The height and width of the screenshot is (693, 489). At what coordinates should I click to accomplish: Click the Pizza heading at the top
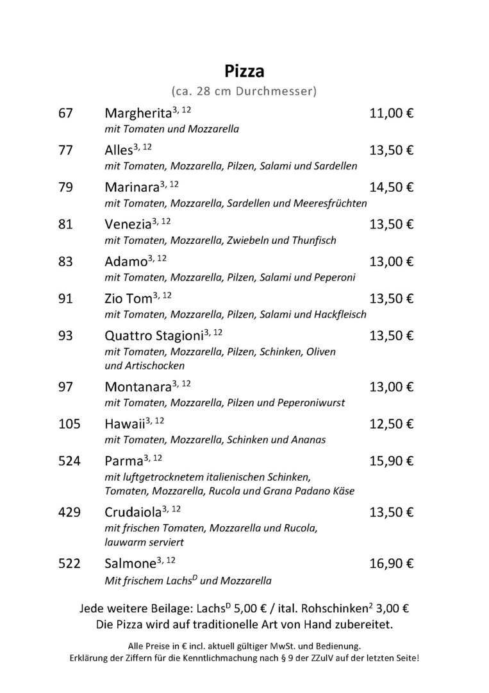coord(244,71)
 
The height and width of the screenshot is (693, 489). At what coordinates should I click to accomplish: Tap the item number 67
coord(66,114)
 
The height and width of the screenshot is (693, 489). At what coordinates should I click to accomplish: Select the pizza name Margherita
coord(138,114)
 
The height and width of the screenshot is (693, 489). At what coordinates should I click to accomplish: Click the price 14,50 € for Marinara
coord(392,187)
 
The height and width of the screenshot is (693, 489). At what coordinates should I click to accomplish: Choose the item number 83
coord(66,262)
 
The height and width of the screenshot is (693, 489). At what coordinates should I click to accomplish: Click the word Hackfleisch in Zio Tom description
coord(340,314)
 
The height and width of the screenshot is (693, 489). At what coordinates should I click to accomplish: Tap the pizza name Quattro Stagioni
coord(154,336)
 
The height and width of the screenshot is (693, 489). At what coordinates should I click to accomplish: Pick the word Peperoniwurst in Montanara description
coord(311,403)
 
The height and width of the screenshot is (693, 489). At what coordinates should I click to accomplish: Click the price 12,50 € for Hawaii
coord(392,424)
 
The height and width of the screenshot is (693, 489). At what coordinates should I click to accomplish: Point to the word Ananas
coord(307,440)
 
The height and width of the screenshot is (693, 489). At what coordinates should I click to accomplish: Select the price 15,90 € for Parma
coord(392,461)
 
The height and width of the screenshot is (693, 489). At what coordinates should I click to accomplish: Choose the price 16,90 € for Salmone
coord(392,563)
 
